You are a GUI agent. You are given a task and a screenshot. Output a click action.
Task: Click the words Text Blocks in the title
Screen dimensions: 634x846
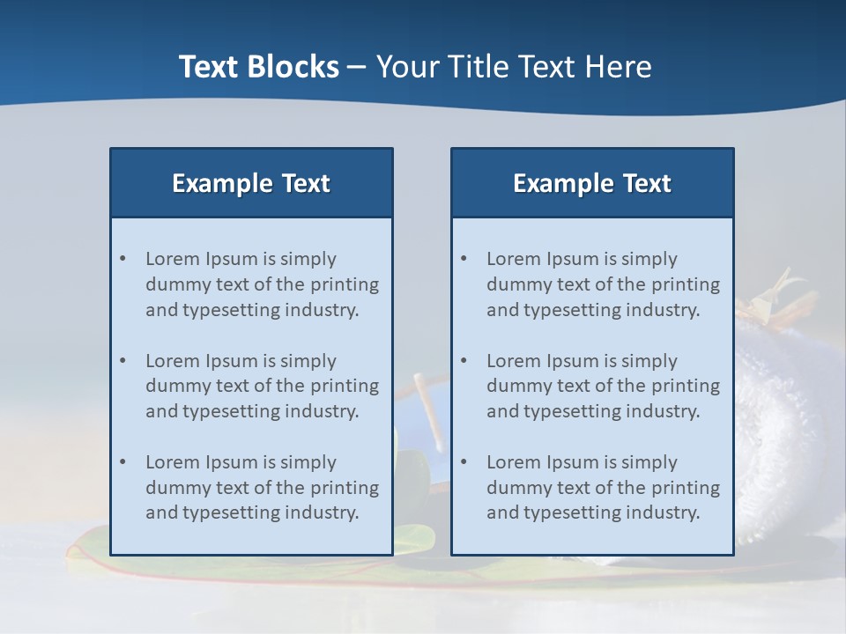coord(258,67)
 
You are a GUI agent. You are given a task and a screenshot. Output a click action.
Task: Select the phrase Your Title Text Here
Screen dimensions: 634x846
coord(514,67)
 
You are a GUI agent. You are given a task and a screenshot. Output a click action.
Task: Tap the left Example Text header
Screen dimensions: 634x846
coord(251,183)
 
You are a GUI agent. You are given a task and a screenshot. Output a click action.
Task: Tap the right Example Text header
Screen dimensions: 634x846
coord(592,183)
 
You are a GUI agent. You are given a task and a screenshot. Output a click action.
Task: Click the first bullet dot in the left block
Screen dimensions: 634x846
coord(123,259)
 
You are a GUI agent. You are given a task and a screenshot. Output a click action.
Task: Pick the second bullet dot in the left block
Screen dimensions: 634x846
coord(123,361)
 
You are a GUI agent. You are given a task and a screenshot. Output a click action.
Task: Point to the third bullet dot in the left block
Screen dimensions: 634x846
coord(123,462)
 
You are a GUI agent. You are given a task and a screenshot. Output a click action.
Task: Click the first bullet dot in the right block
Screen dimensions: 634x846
coord(464,259)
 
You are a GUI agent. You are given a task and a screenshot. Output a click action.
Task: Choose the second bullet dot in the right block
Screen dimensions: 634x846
coord(464,361)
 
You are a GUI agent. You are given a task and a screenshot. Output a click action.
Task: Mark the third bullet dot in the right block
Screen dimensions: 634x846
coord(464,462)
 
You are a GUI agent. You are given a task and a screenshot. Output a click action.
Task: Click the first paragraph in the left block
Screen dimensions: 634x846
coord(262,284)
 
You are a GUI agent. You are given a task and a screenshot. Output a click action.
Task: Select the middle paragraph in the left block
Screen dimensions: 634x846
coord(262,386)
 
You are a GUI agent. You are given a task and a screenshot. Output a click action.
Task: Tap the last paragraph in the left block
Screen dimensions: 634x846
coord(262,488)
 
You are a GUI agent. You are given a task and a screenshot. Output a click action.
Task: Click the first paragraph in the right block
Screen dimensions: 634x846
coord(603,284)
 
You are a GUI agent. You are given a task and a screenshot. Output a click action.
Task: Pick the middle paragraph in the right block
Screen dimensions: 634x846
coord(603,386)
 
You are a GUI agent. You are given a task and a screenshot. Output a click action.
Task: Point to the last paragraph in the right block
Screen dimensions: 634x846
coord(603,488)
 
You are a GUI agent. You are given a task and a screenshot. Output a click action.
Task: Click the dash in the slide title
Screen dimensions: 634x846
coord(357,68)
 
